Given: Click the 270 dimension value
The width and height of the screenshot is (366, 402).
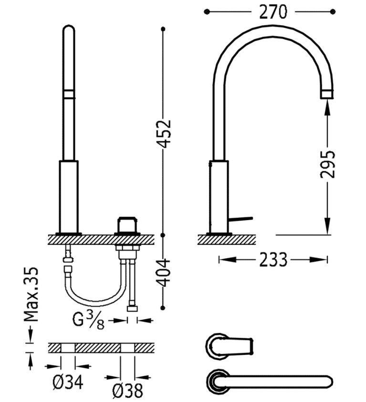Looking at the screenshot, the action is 272,12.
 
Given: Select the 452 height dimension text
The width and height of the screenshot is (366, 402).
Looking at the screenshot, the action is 164,133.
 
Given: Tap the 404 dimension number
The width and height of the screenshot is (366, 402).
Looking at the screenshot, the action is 163,272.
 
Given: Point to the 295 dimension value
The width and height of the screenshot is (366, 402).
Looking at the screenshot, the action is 327,164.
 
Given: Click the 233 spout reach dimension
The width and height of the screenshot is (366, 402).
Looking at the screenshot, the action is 273,260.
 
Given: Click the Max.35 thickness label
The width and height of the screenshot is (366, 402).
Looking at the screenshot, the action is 31,294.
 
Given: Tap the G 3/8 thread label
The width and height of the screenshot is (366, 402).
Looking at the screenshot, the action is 88,320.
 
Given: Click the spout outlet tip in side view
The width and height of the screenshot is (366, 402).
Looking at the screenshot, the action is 327,94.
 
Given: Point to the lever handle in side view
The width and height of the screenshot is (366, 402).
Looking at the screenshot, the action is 241,219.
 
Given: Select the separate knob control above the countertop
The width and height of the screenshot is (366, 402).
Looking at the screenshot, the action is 127,225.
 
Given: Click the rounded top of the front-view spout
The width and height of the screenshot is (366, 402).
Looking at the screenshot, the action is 69,28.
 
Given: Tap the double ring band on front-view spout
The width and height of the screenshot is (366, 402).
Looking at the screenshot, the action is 69,94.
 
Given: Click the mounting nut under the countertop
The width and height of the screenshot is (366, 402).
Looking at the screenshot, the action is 128,248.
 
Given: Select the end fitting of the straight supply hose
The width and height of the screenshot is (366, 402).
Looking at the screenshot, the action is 132,309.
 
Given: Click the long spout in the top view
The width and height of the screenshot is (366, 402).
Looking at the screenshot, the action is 270,382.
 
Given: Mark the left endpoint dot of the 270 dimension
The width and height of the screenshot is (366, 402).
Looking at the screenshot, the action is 207,12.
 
